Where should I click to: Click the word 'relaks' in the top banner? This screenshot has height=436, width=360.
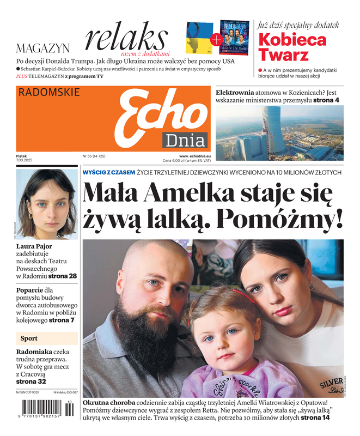pos(126,38)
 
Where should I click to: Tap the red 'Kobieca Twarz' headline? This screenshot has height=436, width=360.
pos(292,47)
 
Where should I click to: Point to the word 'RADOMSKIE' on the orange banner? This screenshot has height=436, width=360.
pos(49,93)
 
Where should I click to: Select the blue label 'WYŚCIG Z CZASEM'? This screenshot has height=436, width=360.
pos(108,172)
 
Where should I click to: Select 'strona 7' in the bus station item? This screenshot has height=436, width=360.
pos(62,320)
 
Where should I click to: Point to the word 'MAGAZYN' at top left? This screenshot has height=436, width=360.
pos(43,48)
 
